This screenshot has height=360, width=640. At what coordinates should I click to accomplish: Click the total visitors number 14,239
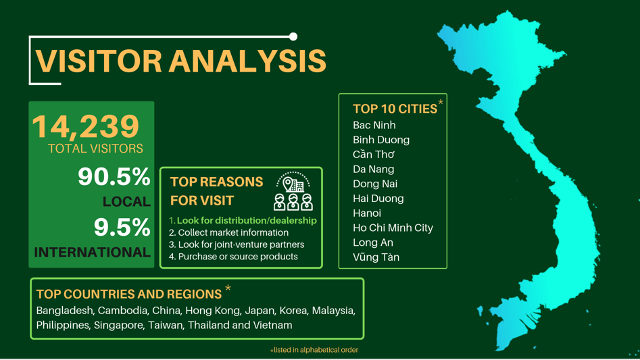pyautogui.click(x=86, y=126)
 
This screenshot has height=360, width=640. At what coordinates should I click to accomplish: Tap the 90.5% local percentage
pyautogui.click(x=114, y=177)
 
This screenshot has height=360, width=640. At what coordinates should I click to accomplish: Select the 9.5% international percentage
pyautogui.click(x=122, y=227)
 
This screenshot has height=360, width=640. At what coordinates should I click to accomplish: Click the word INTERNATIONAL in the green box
pyautogui.click(x=92, y=253)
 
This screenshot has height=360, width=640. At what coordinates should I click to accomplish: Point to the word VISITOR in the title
pyautogui.click(x=99, y=61)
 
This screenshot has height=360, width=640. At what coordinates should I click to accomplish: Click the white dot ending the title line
pyautogui.click(x=293, y=36)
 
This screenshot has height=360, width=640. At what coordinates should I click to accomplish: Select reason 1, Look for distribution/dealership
pyautogui.click(x=243, y=221)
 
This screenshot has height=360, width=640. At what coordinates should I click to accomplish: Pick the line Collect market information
pyautogui.click(x=228, y=232)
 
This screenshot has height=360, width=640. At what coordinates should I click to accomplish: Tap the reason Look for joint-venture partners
pyautogui.click(x=237, y=245)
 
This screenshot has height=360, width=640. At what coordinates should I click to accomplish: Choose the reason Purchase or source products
pyautogui.click(x=233, y=257)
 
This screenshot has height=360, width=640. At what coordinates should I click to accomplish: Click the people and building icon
pyautogui.click(x=293, y=190)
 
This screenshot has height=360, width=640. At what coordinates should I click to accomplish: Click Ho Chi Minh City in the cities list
pyautogui.click(x=393, y=228)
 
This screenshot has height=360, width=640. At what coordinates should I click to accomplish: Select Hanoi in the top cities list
pyautogui.click(x=367, y=213)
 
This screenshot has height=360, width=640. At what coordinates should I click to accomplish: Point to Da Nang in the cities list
pyautogui.click(x=374, y=170)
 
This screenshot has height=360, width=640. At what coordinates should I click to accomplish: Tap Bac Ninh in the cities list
pyautogui.click(x=374, y=125)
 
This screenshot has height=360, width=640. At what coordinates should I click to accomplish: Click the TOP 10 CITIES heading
pyautogui.click(x=395, y=109)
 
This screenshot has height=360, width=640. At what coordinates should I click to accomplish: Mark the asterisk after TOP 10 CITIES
pyautogui.click(x=441, y=102)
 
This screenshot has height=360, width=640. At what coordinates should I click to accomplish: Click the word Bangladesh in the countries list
pyautogui.click(x=64, y=311)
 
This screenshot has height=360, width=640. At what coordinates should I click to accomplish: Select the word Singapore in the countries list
pyautogui.click(x=119, y=326)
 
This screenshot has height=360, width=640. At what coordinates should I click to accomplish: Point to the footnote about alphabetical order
pyautogui.click(x=314, y=350)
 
